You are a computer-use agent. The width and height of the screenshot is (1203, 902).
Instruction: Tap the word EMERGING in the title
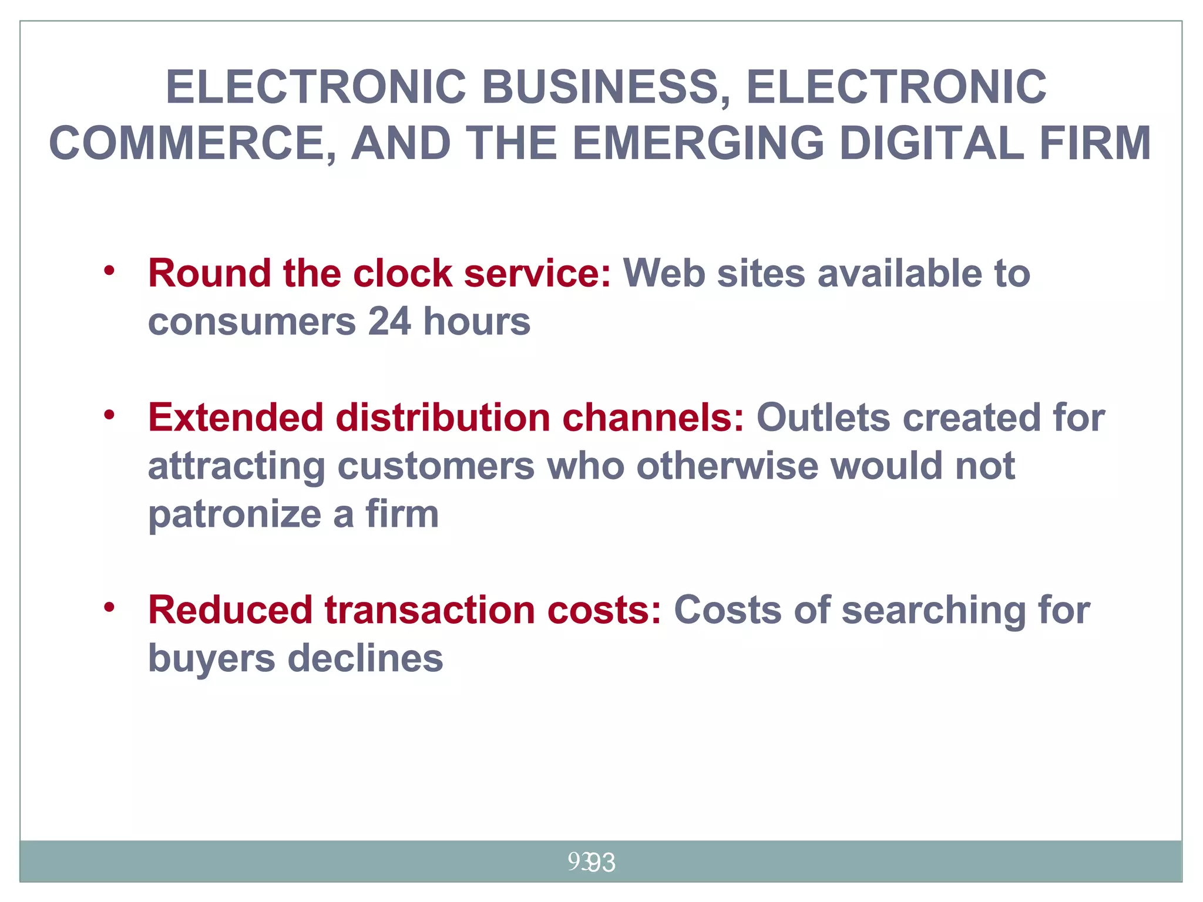pyautogui.click(x=698, y=143)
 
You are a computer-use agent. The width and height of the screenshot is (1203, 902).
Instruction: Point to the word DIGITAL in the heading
pyautogui.click(x=931, y=143)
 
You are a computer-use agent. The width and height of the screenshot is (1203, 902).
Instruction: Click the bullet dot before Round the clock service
pyautogui.click(x=109, y=271)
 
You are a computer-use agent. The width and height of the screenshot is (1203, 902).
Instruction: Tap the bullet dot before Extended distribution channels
pyautogui.click(x=109, y=415)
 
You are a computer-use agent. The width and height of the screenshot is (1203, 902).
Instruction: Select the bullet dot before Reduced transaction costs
pyautogui.click(x=109, y=607)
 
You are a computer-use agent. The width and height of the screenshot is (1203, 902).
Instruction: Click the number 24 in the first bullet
pyautogui.click(x=389, y=322)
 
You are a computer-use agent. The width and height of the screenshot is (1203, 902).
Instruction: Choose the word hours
pyautogui.click(x=477, y=322)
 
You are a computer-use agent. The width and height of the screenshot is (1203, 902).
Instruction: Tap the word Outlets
pyautogui.click(x=823, y=418)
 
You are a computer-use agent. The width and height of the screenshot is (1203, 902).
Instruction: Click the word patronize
pyautogui.click(x=234, y=514)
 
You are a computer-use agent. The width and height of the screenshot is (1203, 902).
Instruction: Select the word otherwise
pyautogui.click(x=727, y=466)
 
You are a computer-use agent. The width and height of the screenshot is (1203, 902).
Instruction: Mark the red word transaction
pyautogui.click(x=429, y=610)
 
